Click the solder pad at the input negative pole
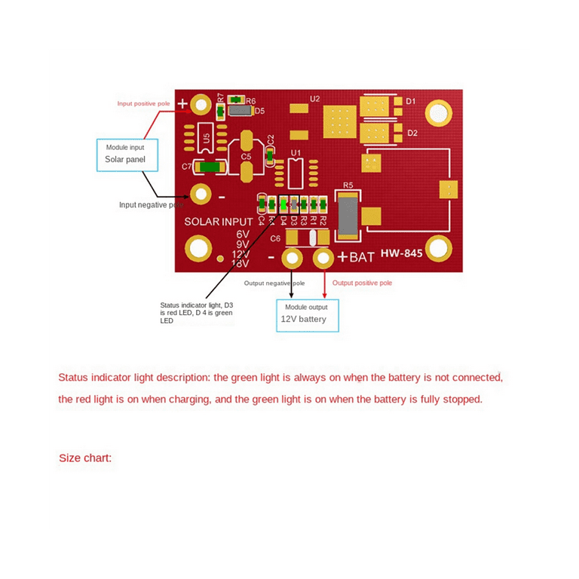(201, 195)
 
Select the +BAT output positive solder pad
(323, 259)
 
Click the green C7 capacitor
(209, 167)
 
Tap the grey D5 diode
(240, 111)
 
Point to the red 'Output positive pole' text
(362, 283)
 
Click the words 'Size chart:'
(85, 458)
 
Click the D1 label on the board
(412, 101)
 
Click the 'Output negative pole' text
(274, 283)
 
